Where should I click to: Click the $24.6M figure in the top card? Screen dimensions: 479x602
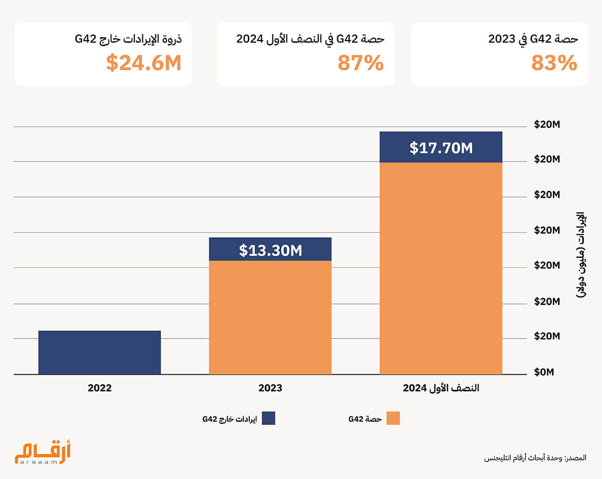coord(143,64)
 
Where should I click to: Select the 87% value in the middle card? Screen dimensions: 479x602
coord(360,64)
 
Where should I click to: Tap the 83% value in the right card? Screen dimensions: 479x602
coord(554,64)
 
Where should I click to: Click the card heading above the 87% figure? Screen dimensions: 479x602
coord(311,40)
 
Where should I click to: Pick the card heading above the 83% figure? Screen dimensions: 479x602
coord(533,40)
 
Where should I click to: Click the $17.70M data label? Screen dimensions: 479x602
coord(441,148)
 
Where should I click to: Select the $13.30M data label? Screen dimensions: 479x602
coord(270,250)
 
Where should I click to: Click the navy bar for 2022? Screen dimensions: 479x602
coord(99,352)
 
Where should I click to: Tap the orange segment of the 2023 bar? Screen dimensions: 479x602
coord(270,317)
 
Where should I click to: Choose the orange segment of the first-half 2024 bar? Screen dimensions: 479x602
coord(441,268)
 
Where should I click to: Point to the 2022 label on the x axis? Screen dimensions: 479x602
coord(99,388)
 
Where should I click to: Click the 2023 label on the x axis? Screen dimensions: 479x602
coord(270,388)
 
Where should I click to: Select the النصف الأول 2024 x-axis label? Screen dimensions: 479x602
coord(441,388)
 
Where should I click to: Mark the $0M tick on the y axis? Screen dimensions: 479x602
coord(544,372)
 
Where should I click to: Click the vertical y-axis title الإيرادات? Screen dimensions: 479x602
coord(581,256)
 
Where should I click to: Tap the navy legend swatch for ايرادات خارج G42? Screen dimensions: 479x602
coord(268,418)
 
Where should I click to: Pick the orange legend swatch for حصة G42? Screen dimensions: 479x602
coord(393,418)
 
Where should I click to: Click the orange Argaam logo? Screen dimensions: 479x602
coord(43,453)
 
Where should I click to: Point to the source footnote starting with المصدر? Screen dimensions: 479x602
coord(535,458)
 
